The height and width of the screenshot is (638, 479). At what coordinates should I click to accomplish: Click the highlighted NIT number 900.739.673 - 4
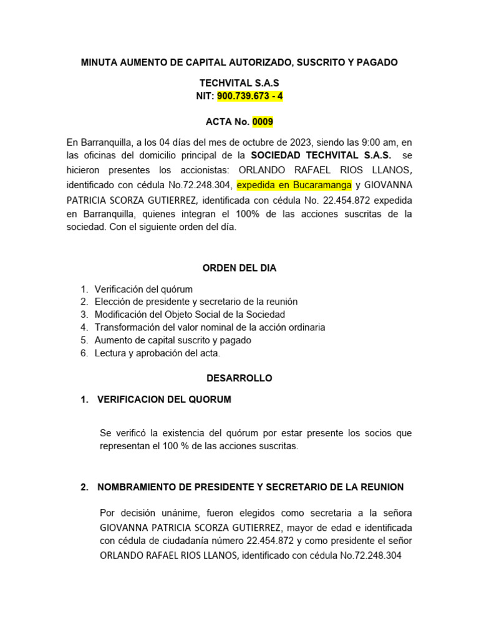[249, 97]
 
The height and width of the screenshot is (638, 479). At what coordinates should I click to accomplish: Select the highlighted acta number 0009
[263, 121]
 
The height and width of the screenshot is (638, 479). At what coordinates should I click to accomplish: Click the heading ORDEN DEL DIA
[239, 268]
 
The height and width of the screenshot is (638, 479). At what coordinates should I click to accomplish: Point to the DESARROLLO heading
[239, 378]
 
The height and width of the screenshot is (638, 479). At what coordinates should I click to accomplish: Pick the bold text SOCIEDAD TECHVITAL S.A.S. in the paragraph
[321, 155]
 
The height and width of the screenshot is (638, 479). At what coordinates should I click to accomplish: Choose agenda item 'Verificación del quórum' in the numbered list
[143, 289]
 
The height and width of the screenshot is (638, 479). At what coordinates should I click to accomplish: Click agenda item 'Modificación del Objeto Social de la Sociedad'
[190, 315]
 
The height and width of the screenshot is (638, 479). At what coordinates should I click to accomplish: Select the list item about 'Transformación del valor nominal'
[210, 327]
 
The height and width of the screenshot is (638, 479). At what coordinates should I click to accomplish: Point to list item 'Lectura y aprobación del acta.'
[157, 353]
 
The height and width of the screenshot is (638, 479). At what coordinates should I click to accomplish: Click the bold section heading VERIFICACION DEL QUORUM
[164, 399]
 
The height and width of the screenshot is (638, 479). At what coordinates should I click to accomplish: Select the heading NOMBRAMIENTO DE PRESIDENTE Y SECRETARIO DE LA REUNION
[251, 487]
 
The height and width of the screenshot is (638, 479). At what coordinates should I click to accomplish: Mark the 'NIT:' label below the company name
[206, 97]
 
